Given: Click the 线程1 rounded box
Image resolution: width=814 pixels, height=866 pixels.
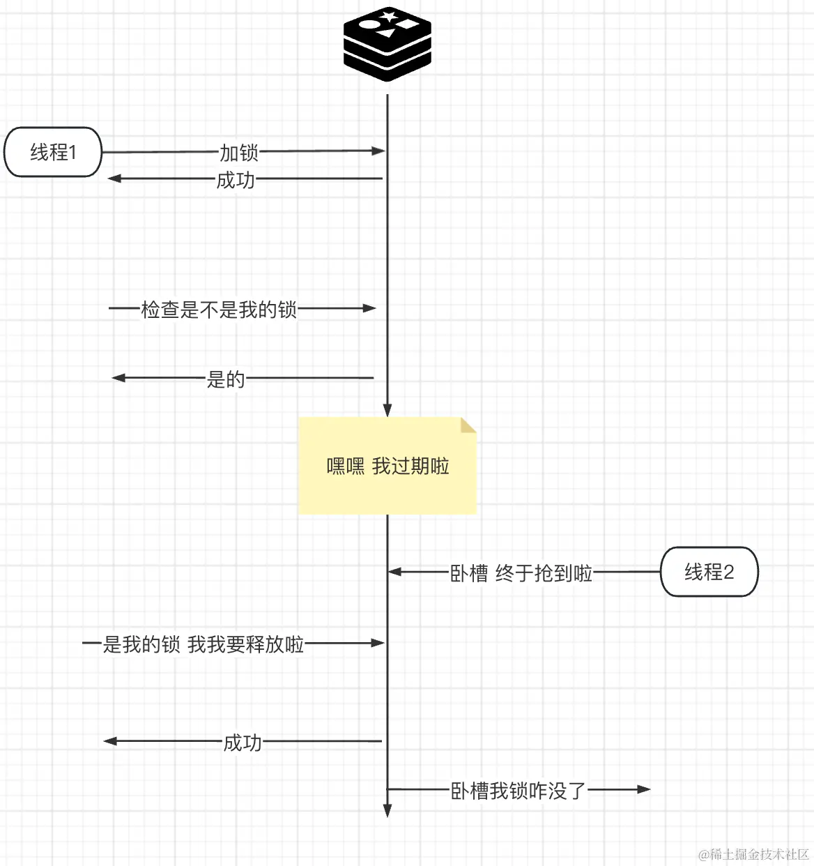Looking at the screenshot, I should pyautogui.click(x=53, y=152).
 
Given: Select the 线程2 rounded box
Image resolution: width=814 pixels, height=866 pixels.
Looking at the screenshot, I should pyautogui.click(x=709, y=572).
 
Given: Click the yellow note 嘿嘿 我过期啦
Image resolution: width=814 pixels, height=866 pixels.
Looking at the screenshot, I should pyautogui.click(x=387, y=466).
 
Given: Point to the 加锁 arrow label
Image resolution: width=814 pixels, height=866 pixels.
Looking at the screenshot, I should pyautogui.click(x=239, y=152).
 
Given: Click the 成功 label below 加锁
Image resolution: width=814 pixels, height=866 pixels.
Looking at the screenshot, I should pyautogui.click(x=236, y=180).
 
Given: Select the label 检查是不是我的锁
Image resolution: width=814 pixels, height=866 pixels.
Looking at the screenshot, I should pyautogui.click(x=219, y=309).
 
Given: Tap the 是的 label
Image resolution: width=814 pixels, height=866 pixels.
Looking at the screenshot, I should pyautogui.click(x=226, y=379).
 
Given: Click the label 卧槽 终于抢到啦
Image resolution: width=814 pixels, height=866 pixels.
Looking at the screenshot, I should pyautogui.click(x=521, y=573).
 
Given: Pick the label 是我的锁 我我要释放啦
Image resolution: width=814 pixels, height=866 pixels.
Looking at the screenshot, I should pyautogui.click(x=203, y=644).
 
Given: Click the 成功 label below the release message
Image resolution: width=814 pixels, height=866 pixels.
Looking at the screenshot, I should pyautogui.click(x=242, y=743).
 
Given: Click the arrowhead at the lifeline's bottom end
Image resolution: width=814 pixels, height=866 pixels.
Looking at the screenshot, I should pyautogui.click(x=387, y=810).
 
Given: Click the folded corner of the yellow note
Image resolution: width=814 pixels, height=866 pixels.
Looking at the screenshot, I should pyautogui.click(x=468, y=425).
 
